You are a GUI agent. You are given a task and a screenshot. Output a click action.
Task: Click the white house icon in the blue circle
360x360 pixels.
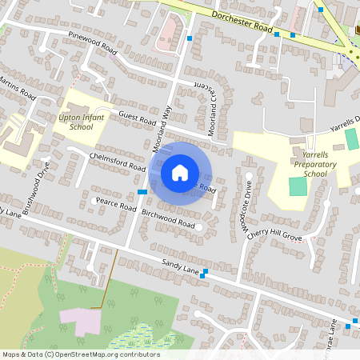pos(180,172)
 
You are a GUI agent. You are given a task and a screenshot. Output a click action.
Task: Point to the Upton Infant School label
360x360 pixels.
pos(82,122)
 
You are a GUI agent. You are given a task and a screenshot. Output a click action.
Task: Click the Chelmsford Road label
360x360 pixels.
pos(118,162)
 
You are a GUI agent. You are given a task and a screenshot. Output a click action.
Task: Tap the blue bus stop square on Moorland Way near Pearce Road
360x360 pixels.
pos(141,192)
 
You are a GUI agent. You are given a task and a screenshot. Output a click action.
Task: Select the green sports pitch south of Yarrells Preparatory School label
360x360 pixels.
pos(297,186)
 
